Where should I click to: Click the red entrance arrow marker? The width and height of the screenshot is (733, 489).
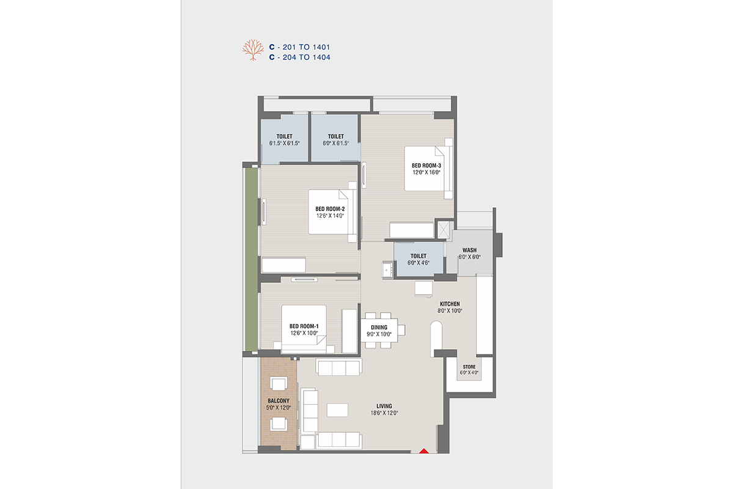click(424, 450)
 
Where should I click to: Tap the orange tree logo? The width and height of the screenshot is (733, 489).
click(253, 50)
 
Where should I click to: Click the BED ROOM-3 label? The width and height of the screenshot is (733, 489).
click(426, 166)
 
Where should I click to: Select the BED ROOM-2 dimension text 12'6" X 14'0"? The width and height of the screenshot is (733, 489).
click(330, 216)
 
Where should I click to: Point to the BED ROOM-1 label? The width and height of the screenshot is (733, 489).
click(304, 326)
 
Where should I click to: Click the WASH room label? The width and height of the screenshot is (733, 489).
click(470, 250)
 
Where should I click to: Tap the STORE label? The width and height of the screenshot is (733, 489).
click(469, 367)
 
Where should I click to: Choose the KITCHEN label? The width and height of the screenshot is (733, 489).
click(450, 304)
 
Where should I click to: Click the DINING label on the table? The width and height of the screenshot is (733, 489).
click(379, 328)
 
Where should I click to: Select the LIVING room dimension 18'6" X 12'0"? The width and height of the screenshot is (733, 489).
click(384, 413)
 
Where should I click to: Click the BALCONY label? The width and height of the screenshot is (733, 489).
click(279, 401)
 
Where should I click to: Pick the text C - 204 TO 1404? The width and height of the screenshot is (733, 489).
click(300, 57)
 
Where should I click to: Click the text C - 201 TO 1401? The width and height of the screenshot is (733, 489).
click(300, 47)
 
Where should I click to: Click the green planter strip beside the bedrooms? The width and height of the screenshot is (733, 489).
click(252, 259)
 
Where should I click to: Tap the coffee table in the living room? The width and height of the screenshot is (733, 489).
click(337, 410)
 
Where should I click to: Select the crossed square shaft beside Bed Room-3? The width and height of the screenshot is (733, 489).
click(443, 230)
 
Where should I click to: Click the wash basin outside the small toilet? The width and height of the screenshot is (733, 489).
click(387, 270)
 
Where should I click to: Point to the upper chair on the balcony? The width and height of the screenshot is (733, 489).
click(279, 383)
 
